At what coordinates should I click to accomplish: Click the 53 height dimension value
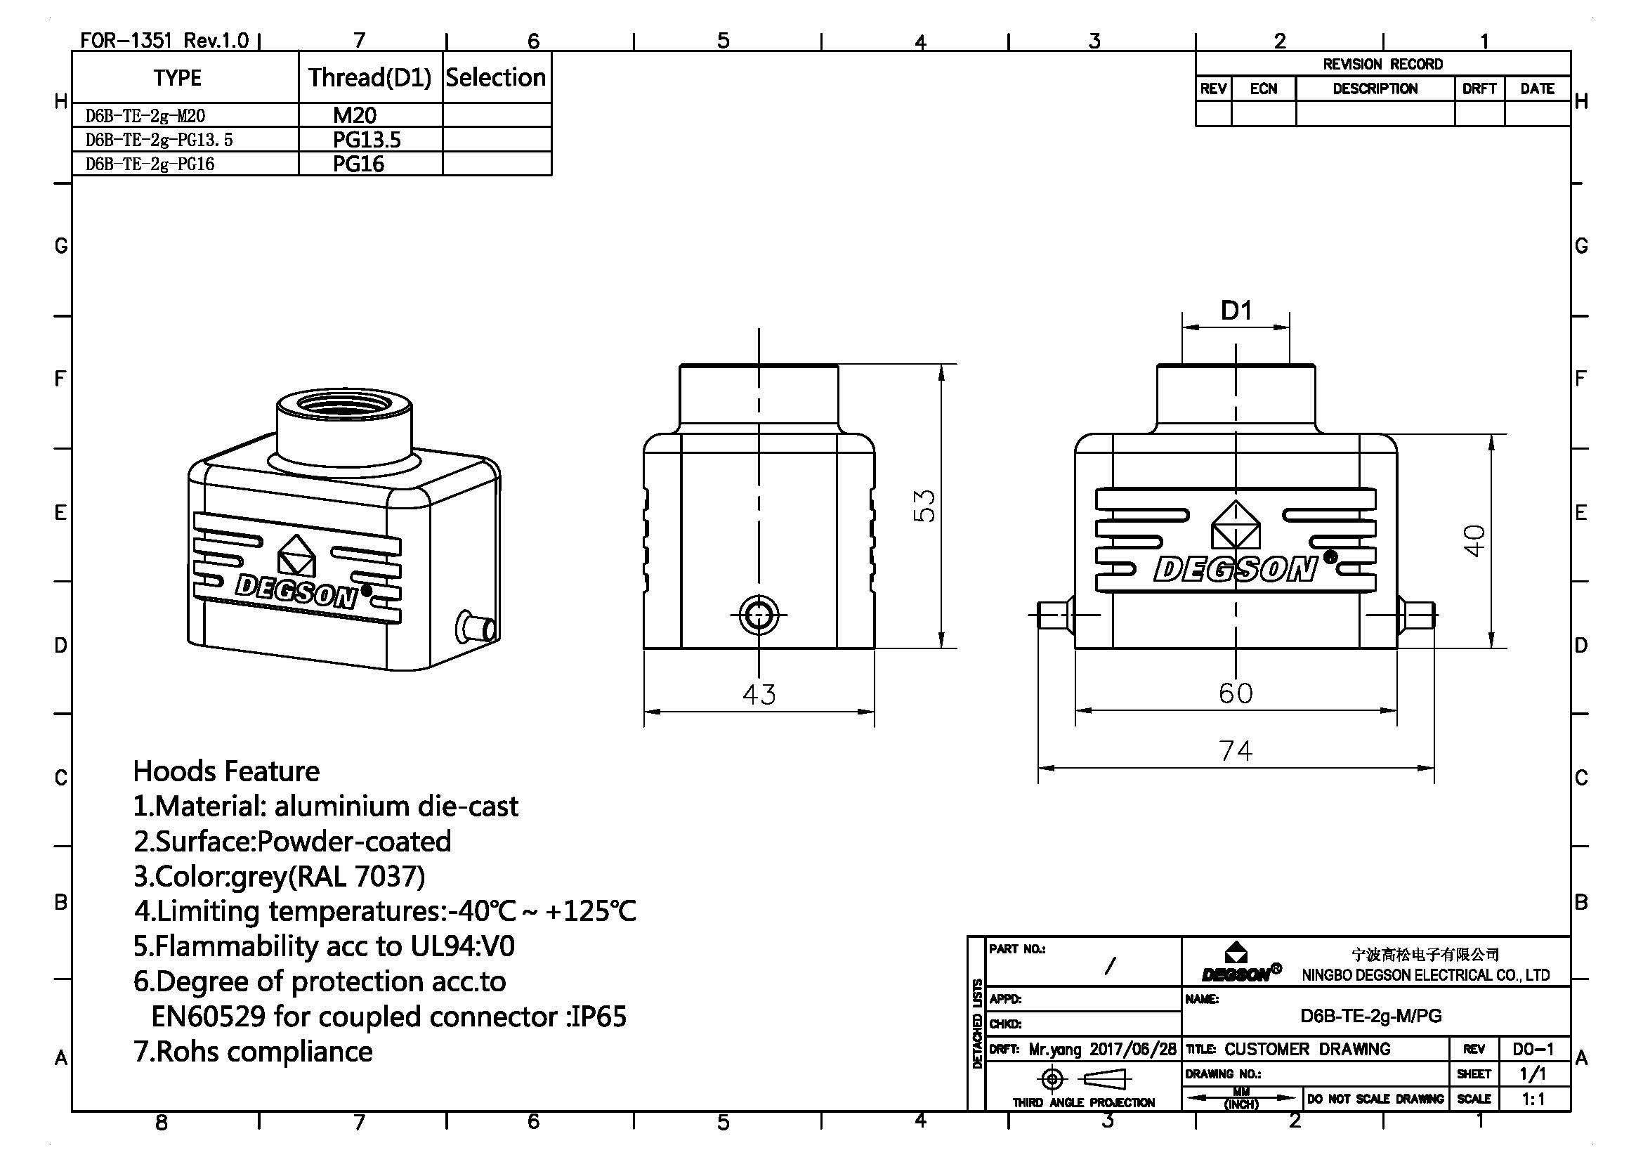[x=924, y=506]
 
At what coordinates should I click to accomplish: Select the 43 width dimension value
[x=759, y=693]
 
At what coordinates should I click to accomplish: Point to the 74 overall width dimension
[x=1235, y=750]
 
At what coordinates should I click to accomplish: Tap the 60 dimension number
[x=1235, y=693]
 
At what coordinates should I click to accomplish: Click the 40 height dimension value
[x=1474, y=540]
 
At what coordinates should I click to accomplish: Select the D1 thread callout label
[x=1236, y=311]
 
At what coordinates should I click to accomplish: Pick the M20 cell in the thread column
[x=355, y=115]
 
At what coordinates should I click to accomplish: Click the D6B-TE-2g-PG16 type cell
[x=150, y=164]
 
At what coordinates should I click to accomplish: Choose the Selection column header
[x=496, y=77]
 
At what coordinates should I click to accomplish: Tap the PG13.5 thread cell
[x=367, y=140]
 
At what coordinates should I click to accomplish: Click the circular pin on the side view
[x=759, y=615]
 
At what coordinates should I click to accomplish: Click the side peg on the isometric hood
[x=476, y=627]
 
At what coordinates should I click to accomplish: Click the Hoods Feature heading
[x=226, y=771]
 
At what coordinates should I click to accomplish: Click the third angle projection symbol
[x=1082, y=1078]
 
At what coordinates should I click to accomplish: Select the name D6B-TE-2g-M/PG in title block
[x=1370, y=1015]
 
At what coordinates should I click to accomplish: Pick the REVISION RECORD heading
[x=1382, y=64]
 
